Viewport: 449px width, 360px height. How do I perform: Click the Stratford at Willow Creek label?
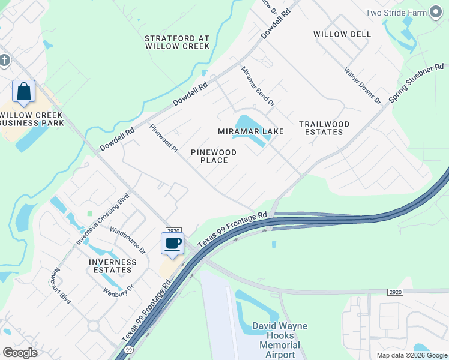(177, 42)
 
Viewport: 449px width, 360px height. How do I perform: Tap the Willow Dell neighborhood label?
(342, 34)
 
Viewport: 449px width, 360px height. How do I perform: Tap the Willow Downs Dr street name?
(362, 86)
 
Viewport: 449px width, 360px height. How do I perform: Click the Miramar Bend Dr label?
(258, 86)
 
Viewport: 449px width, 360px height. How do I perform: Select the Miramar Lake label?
(251, 131)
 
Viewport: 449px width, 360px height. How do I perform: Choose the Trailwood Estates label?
(324, 128)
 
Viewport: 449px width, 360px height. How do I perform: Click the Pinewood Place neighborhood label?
(214, 156)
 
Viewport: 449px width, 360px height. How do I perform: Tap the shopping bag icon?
(24, 92)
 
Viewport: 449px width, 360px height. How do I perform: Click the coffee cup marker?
(173, 243)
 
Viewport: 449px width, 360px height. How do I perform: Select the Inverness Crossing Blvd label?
(103, 219)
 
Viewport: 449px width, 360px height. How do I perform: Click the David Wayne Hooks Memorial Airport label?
(280, 340)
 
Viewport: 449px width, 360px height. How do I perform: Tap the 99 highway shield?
(128, 349)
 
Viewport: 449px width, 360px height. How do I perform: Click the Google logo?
(20, 353)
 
